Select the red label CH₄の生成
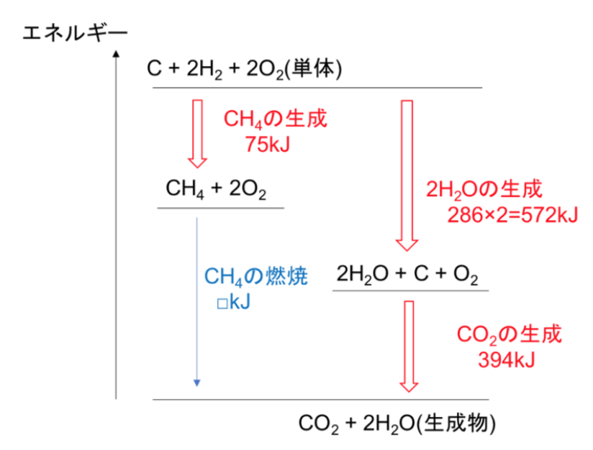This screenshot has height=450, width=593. pyautogui.click(x=276, y=118)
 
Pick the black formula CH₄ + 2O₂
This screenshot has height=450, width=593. pyautogui.click(x=217, y=190)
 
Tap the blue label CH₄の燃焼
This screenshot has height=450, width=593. pyautogui.click(x=258, y=276)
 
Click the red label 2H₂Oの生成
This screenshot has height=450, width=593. pyautogui.click(x=482, y=190)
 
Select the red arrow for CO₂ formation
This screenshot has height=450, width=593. pyautogui.click(x=409, y=345)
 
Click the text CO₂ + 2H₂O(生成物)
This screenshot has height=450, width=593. pyautogui.click(x=396, y=423)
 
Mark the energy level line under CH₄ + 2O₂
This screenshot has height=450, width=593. pyautogui.click(x=220, y=208)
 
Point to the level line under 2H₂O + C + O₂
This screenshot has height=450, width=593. pyautogui.click(x=410, y=290)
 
